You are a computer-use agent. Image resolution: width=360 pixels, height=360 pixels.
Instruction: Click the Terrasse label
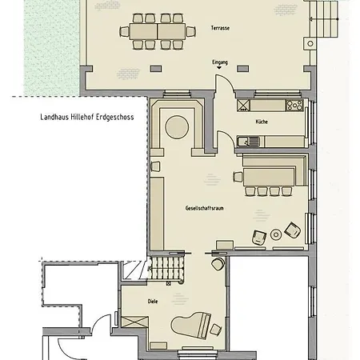pos(220,28)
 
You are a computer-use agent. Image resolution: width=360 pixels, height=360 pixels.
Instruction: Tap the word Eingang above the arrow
pos(220,62)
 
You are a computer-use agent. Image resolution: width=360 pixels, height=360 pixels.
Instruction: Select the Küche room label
pos(262,122)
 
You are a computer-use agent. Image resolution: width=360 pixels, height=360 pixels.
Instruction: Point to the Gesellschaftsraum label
pos(205,208)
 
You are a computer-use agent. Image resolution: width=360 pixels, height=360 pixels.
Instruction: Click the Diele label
pos(153,302)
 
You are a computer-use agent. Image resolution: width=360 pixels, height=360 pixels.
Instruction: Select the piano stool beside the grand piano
pos(215,330)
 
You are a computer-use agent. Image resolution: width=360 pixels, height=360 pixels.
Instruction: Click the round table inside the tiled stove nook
pos(177,127)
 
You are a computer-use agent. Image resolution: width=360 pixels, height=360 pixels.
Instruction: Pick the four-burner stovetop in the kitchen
pos(294,105)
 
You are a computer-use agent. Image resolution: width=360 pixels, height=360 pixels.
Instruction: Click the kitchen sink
pos(248,142)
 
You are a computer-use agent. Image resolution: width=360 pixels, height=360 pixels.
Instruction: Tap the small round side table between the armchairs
pos(276,234)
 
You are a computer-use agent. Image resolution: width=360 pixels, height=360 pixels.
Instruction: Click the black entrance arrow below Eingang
pos(219,68)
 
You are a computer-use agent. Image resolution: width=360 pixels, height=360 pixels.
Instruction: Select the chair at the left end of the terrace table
pos(124,31)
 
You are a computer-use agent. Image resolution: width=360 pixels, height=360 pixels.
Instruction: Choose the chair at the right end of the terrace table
pos(191,31)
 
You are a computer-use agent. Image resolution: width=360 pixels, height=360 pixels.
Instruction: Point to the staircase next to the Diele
pos(166,268)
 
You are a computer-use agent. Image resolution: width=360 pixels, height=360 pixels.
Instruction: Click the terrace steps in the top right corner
pos(324,18)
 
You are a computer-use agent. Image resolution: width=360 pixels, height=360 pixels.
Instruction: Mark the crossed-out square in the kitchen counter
pos(243,105)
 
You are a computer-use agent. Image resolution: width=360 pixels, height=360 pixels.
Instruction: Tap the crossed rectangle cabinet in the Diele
pos(134,322)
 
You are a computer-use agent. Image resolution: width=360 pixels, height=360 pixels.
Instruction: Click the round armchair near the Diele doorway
pos(218,264)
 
